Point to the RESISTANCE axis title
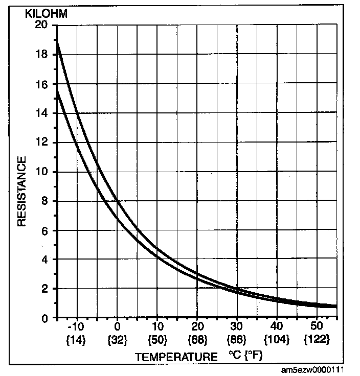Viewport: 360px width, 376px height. (22, 192)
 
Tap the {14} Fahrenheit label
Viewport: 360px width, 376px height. (76, 339)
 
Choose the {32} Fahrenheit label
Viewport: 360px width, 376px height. (117, 339)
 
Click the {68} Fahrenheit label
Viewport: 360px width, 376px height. (196, 339)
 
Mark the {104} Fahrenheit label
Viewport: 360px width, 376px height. (276, 339)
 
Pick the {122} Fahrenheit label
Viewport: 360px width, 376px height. (317, 339)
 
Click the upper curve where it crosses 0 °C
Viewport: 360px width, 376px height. (117, 201)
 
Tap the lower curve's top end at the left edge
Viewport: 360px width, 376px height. (57, 92)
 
